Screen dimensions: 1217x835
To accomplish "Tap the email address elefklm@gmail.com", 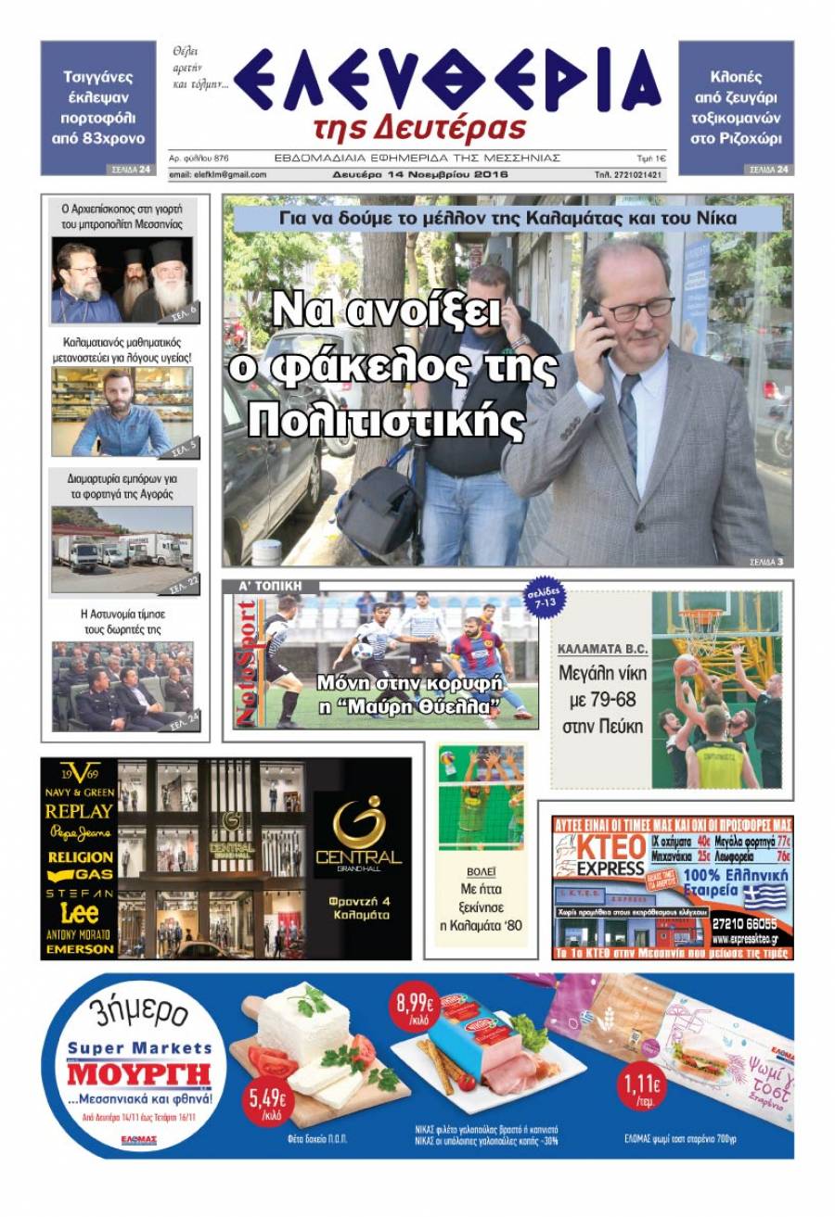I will point(217,174).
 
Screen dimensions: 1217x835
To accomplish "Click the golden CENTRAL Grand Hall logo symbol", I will point(358,819).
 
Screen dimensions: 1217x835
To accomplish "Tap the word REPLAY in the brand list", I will point(80,811).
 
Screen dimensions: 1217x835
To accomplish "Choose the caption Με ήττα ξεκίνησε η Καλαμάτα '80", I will point(481,906).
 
